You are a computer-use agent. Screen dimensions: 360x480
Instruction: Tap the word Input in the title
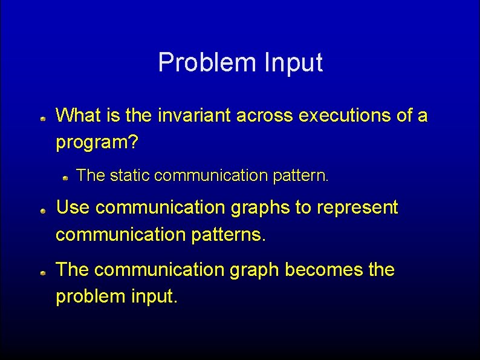point(293,62)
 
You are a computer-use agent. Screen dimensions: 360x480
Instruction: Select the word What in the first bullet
point(78,115)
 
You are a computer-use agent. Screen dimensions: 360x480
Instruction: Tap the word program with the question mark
point(97,143)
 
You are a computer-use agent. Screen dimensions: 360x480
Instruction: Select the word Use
point(73,208)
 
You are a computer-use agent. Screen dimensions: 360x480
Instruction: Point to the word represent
point(357,208)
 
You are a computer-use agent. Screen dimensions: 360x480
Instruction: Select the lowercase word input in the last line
point(155,297)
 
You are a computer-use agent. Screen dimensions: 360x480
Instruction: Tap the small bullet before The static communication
point(65,178)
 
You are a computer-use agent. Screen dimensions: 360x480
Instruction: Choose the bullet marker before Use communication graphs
point(44,212)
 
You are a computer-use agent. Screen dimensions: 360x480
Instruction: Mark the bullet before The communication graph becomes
point(44,274)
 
